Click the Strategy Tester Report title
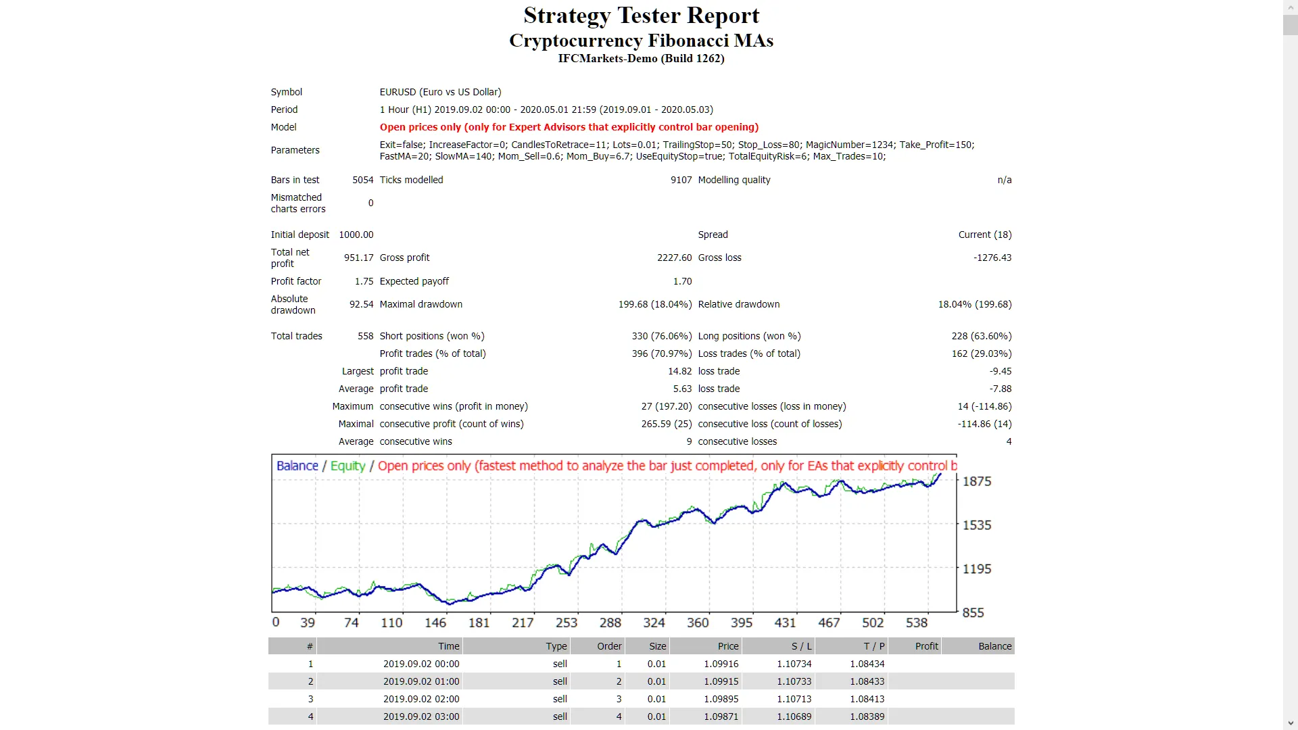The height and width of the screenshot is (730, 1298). click(x=641, y=16)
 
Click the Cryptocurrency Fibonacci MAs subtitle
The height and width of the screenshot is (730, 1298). click(x=641, y=41)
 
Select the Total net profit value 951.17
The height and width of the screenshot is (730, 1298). click(x=358, y=258)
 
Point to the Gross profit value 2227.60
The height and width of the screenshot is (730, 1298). click(x=674, y=258)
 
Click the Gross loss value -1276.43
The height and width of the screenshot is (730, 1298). click(x=992, y=258)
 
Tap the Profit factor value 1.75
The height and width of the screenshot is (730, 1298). click(x=364, y=281)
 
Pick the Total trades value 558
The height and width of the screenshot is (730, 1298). click(x=365, y=336)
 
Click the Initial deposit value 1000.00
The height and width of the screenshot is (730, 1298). click(x=356, y=235)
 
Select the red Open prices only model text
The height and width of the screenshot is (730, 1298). click(x=569, y=127)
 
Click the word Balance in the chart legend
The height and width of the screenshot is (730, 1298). click(x=297, y=466)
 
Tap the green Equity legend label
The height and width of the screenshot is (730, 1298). click(x=347, y=466)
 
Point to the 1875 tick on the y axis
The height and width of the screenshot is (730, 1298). click(x=976, y=481)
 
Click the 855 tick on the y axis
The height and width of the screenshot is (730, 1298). click(x=973, y=612)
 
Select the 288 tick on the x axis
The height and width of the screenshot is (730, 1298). click(x=610, y=623)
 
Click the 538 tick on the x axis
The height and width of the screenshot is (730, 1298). click(x=916, y=623)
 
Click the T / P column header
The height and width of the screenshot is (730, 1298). click(x=873, y=646)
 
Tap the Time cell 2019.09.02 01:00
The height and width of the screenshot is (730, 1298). click(x=420, y=681)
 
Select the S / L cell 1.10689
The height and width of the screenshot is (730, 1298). click(x=794, y=716)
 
